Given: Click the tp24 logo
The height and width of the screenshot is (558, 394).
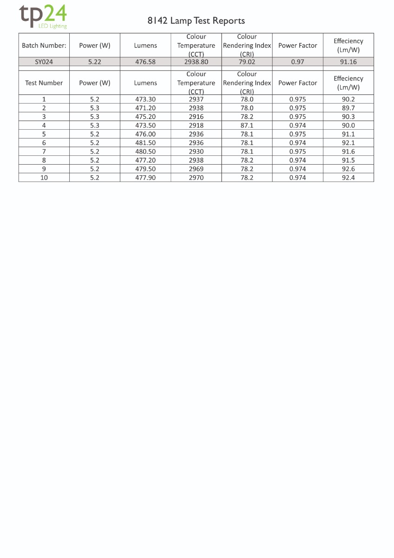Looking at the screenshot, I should tap(43, 17).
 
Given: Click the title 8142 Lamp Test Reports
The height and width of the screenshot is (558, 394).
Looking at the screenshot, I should tap(196, 20).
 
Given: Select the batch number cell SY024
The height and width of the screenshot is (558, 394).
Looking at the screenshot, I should tap(44, 61).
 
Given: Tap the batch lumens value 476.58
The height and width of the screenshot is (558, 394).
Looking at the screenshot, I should tap(145, 61).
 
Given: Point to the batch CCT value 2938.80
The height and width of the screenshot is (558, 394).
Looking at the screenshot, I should tap(196, 61).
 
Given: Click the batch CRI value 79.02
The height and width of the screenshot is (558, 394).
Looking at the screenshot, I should tap(247, 61).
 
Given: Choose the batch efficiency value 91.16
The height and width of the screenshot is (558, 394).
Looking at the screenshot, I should tap(348, 61).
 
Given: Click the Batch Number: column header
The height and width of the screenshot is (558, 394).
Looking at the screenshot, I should tap(44, 46).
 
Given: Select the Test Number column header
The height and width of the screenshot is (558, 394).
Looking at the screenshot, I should tap(44, 83).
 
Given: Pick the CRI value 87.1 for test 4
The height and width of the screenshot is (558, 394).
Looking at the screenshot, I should tap(247, 126).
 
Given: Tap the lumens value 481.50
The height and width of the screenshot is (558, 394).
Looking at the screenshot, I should tap(145, 143).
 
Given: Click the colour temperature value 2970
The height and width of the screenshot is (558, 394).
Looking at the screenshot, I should tap(196, 178).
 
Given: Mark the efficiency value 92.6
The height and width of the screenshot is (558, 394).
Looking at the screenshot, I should tap(348, 169).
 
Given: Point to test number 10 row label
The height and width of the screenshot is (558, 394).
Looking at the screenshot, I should tap(44, 178).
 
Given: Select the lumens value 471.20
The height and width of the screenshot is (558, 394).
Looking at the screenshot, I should tap(145, 108).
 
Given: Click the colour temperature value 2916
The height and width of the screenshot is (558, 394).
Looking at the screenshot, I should tap(196, 117).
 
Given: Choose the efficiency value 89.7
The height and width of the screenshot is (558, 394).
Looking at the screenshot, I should tap(348, 108).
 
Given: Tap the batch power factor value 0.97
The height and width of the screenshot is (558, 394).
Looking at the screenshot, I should tap(297, 61).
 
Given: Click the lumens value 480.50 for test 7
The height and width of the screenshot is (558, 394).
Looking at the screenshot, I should tap(145, 152).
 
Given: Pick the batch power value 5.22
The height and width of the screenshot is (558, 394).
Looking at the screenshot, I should tap(95, 61).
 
